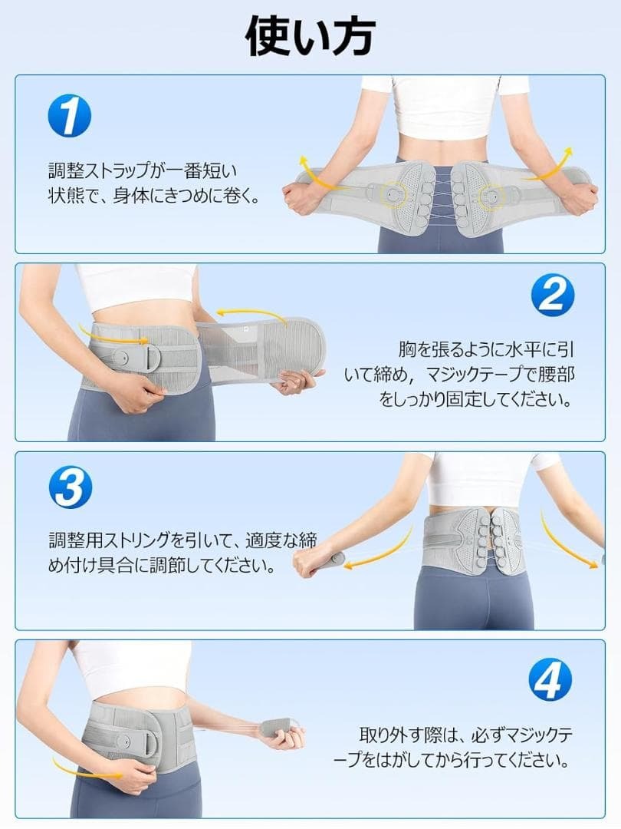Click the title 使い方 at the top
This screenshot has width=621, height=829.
310,36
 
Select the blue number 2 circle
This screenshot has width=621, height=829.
551,295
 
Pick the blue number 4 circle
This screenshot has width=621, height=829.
550,679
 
